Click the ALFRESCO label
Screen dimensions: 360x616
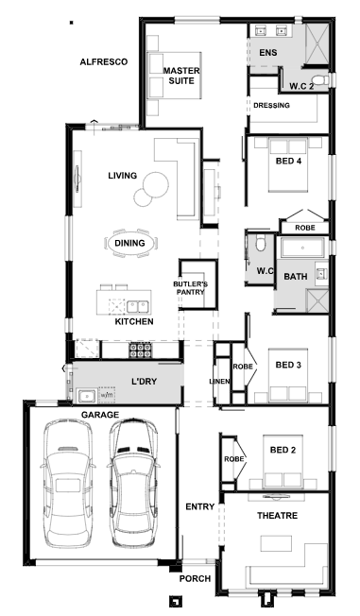(104, 62)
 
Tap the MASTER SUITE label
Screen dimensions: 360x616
(181, 76)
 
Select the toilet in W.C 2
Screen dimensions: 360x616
(322, 79)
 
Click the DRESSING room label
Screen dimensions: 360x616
(271, 105)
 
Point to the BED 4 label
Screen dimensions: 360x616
(289, 161)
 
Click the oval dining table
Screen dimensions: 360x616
(129, 243)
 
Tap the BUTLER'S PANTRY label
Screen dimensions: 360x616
(191, 288)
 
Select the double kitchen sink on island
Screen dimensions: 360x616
(137, 306)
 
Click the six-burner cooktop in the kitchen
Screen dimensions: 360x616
(141, 350)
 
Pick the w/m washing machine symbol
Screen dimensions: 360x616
(107, 394)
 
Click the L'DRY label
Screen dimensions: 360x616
(144, 381)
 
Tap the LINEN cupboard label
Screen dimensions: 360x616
(220, 381)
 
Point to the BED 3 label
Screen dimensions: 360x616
(288, 365)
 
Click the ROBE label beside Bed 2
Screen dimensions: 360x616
(234, 459)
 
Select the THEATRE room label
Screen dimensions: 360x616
(278, 516)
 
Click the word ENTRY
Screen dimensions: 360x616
(200, 506)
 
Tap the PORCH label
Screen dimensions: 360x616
(195, 578)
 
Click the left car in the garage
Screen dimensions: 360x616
(68, 484)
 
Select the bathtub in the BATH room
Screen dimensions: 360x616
(302, 248)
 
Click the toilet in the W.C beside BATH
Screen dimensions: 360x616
(261, 243)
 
